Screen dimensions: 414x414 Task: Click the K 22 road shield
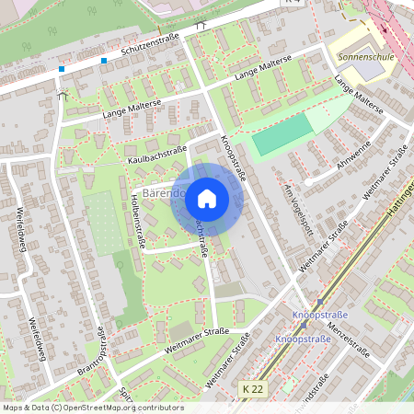(253, 390)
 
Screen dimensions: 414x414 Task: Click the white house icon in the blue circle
(207, 198)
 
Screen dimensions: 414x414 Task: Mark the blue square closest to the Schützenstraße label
(104, 61)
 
